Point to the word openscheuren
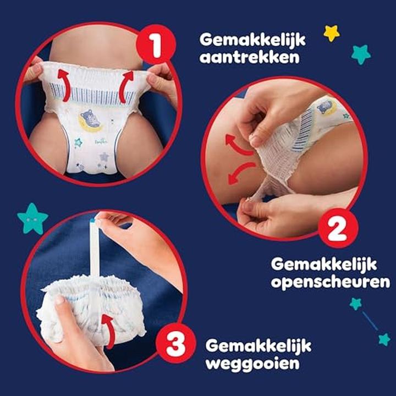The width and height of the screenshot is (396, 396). coord(330,282)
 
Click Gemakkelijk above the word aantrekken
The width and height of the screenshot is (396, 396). coord(252,40)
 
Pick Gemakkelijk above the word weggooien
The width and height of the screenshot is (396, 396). coord(258,345)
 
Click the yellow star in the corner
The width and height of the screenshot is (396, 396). coord(332,33)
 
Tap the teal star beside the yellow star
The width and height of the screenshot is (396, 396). coord(361,54)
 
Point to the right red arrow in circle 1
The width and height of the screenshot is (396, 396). coord(127,87)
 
